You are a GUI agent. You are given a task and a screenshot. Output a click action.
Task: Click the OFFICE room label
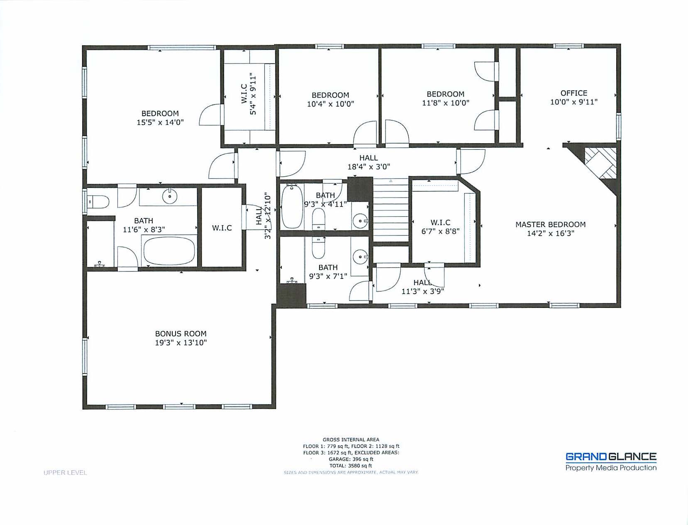pyautogui.click(x=573, y=93)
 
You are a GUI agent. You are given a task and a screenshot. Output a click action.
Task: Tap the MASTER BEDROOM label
pyautogui.click(x=550, y=225)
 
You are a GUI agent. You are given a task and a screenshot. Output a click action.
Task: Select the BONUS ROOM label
pyautogui.click(x=181, y=334)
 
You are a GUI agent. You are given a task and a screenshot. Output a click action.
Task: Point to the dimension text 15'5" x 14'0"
pyautogui.click(x=160, y=122)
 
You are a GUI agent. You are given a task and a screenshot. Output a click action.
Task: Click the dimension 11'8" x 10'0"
pyautogui.click(x=445, y=103)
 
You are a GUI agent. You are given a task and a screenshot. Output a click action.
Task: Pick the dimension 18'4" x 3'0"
pyautogui.click(x=368, y=167)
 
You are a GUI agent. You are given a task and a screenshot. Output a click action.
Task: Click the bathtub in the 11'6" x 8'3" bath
pyautogui.click(x=169, y=251)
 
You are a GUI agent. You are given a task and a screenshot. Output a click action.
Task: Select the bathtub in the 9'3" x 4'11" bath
pyautogui.click(x=292, y=206)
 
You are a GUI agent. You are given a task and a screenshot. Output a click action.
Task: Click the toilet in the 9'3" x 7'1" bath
pyautogui.click(x=318, y=247)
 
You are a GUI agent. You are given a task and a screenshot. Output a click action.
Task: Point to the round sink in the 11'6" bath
pyautogui.click(x=170, y=196)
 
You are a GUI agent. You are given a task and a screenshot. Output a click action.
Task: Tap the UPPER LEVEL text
pyautogui.click(x=65, y=472)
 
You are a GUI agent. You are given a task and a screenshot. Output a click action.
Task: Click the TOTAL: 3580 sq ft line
pyautogui.click(x=351, y=466)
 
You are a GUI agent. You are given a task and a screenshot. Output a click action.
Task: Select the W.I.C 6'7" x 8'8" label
pyautogui.click(x=440, y=227)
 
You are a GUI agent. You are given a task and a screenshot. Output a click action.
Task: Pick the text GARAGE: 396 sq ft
pyautogui.click(x=351, y=459)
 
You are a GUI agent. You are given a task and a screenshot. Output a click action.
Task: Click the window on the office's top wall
pyautogui.click(x=568, y=46)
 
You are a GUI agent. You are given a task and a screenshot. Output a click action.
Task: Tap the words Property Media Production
pyautogui.click(x=611, y=468)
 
